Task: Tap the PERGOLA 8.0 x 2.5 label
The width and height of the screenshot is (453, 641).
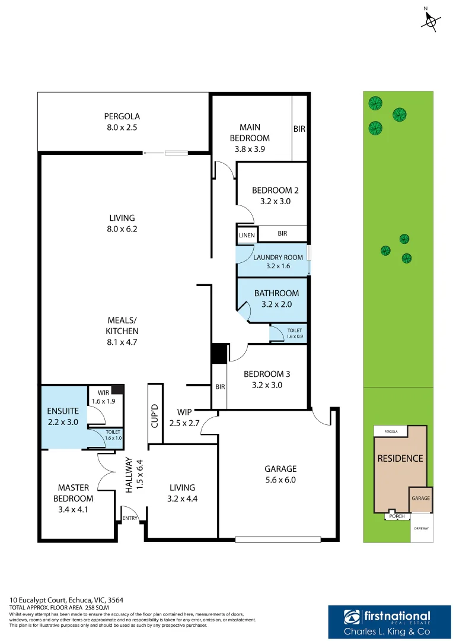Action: tap(122, 122)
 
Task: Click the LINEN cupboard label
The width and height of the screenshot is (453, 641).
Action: tap(247, 236)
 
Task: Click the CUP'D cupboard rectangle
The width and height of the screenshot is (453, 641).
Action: tap(155, 414)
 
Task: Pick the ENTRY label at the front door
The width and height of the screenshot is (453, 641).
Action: tap(130, 518)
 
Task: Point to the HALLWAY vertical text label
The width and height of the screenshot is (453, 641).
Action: tap(129, 474)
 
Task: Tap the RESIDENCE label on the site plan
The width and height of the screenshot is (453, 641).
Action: tap(400, 458)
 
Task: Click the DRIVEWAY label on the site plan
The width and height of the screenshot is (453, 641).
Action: tap(421, 527)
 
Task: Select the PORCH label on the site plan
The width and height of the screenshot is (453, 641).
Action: tap(397, 516)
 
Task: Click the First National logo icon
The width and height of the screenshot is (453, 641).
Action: tap(352, 617)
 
